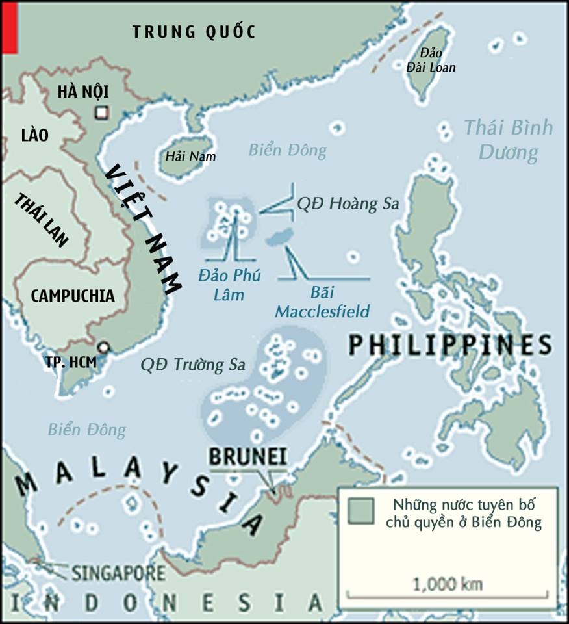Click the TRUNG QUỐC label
194,31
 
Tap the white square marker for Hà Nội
101,112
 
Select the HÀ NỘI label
82,91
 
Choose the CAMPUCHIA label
73,296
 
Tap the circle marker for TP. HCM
102,348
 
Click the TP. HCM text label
71,363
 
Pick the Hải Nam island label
190,156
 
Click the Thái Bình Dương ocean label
508,140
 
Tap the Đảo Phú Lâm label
230,285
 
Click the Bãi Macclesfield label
322,302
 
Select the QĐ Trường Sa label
192,365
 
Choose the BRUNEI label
247,457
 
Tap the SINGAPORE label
118,573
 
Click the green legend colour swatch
360,510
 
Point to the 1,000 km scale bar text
448,584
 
